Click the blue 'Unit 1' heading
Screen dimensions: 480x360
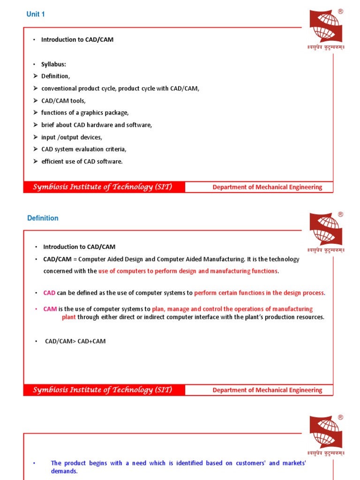click(x=36, y=15)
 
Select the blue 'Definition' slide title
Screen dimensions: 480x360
click(x=43, y=218)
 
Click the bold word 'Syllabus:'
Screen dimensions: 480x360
click(x=53, y=64)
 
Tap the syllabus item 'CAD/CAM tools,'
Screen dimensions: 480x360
click(x=63, y=101)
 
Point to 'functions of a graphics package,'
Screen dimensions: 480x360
click(x=85, y=113)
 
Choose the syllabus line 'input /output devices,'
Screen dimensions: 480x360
click(x=71, y=137)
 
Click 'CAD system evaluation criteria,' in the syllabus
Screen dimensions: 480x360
click(x=84, y=150)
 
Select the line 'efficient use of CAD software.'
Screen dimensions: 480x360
click(x=82, y=162)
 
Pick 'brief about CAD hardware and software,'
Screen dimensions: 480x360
click(x=97, y=125)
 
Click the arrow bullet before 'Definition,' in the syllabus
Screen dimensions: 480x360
click(x=35, y=76)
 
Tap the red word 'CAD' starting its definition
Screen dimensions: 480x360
click(x=49, y=293)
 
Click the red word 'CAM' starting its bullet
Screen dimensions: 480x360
click(x=50, y=309)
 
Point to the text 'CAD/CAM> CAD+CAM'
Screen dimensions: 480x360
click(x=75, y=341)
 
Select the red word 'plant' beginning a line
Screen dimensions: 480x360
click(x=69, y=317)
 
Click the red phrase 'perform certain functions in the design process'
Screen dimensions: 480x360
click(x=259, y=293)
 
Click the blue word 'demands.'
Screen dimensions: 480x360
click(x=64, y=472)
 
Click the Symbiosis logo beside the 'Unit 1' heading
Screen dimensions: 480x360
click(x=326, y=28)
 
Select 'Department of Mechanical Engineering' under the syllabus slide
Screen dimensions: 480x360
click(x=267, y=187)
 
